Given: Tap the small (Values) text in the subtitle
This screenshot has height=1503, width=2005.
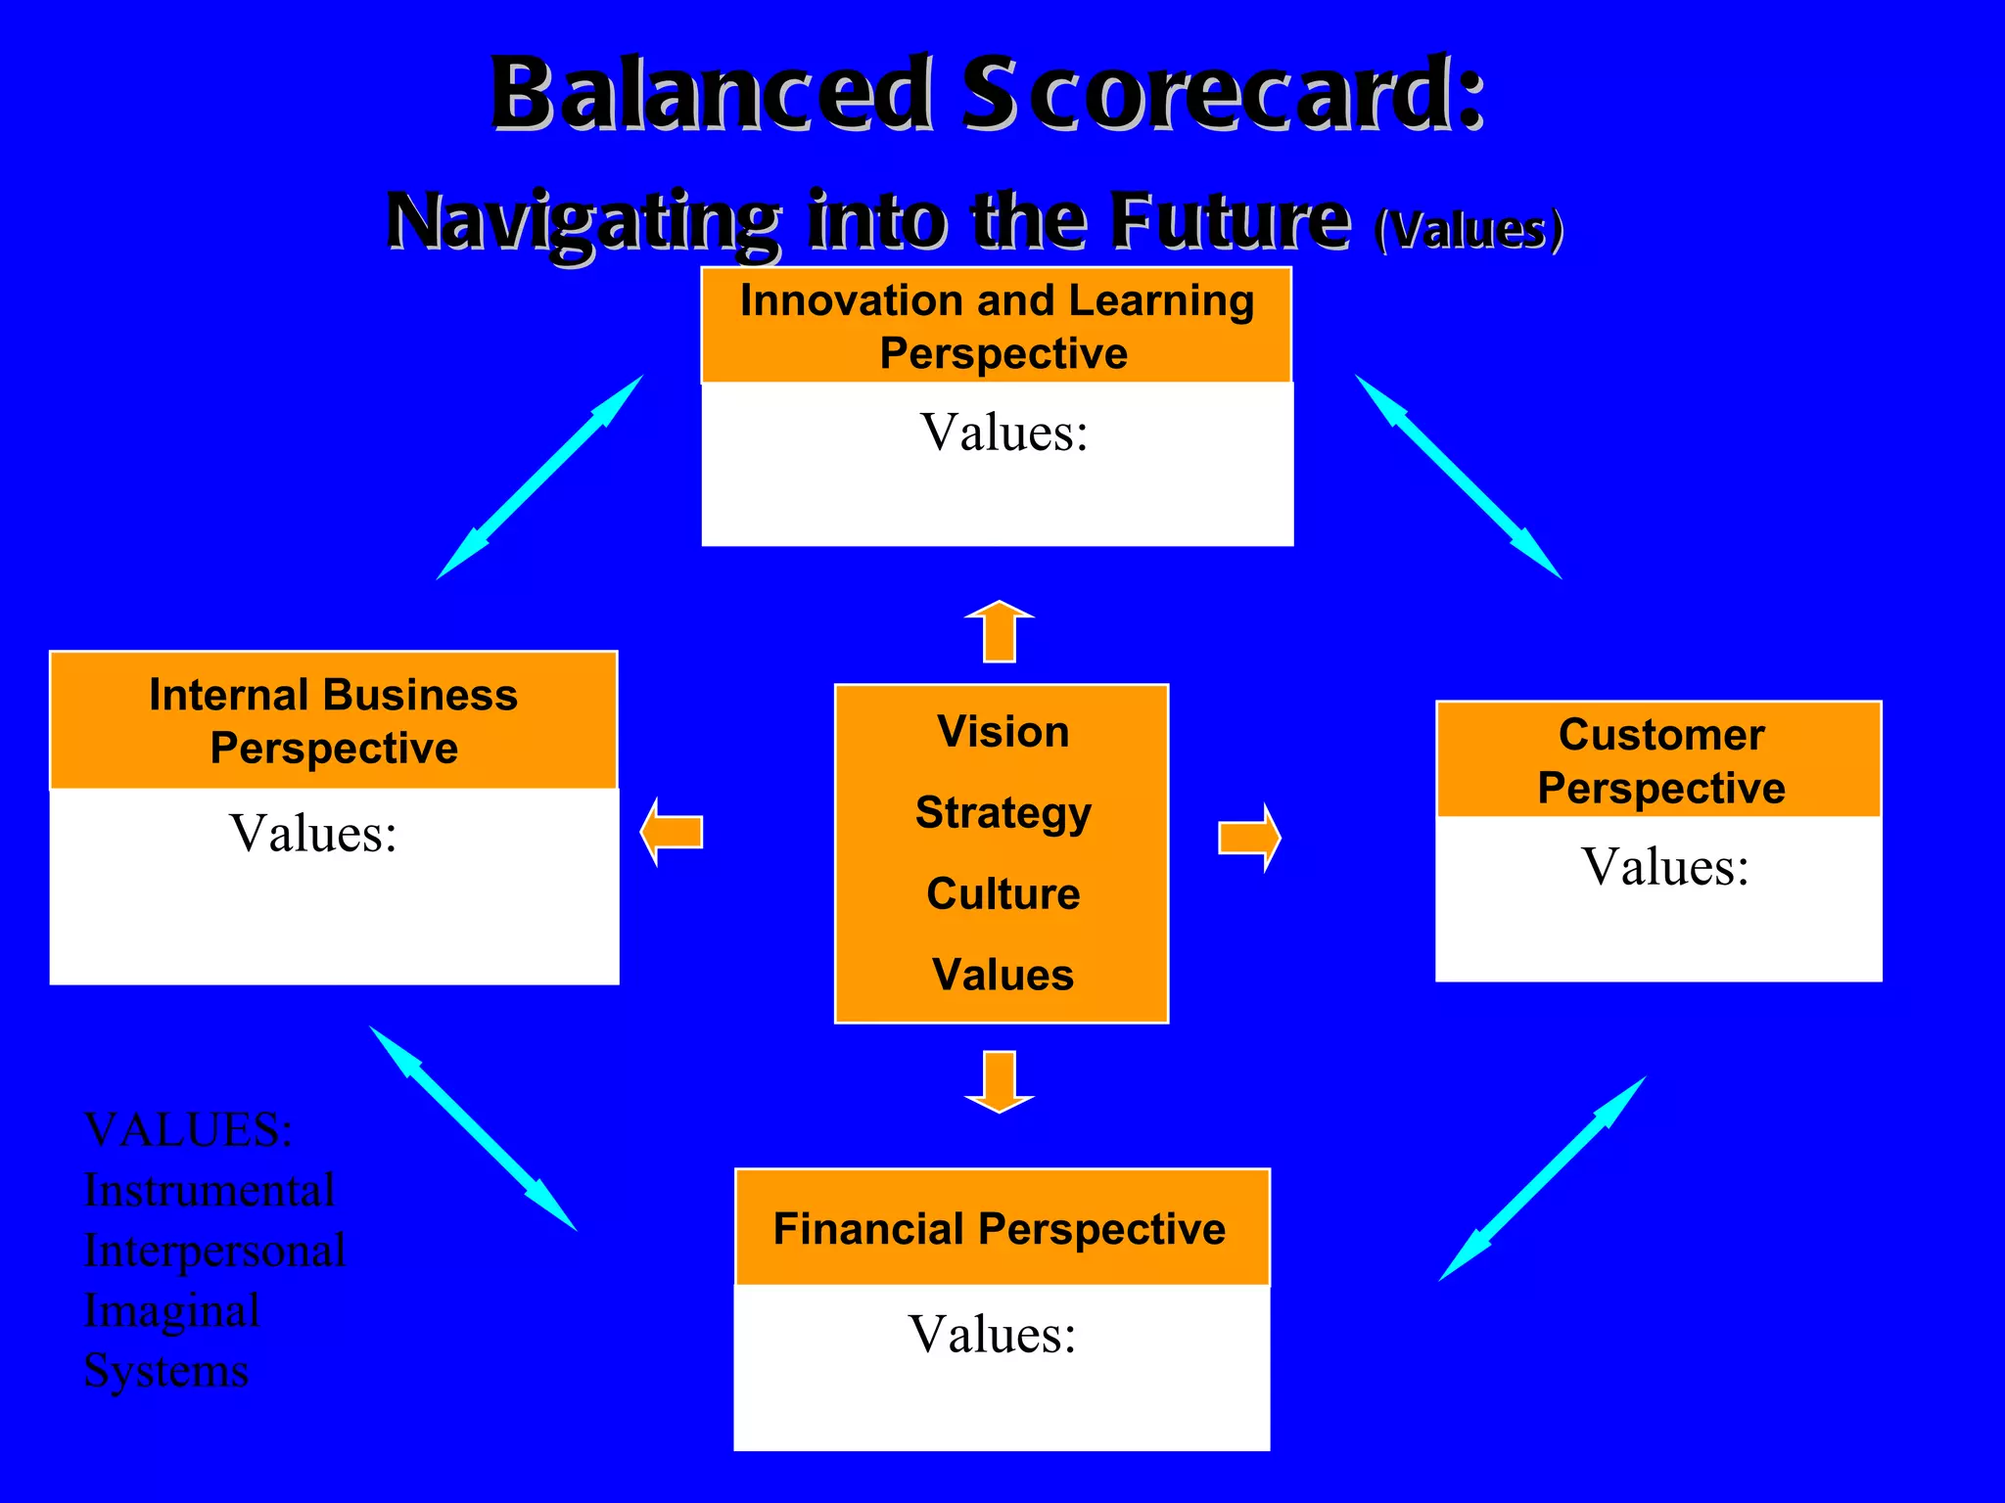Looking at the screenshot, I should click(x=1469, y=230).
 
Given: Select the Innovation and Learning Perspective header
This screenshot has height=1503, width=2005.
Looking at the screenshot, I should click(x=997, y=326).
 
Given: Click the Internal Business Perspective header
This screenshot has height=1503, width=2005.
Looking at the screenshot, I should click(x=333, y=721).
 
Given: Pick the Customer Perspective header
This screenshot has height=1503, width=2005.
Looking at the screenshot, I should click(x=1660, y=760).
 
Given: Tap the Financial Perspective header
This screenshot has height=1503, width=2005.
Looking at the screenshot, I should click(x=1000, y=1229).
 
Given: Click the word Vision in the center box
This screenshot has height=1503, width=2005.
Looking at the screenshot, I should click(x=1002, y=732).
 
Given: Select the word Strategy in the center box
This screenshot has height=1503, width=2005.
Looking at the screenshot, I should click(x=1002, y=812).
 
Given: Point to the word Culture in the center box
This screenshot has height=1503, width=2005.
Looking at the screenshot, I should click(x=1002, y=893).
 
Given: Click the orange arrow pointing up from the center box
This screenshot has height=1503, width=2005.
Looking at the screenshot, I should click(x=1000, y=632).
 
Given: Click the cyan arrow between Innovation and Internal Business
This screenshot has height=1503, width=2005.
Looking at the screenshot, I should click(x=539, y=478).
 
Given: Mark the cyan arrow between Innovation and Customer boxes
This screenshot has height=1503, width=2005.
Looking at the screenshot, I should click(x=1458, y=477).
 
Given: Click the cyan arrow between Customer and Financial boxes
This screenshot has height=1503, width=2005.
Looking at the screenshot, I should click(x=1542, y=1179).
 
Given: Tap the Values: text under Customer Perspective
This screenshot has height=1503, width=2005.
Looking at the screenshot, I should click(x=1664, y=867).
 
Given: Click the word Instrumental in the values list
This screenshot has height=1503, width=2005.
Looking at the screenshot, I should click(x=210, y=1191).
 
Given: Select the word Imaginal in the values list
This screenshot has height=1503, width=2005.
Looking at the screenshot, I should click(x=172, y=1311).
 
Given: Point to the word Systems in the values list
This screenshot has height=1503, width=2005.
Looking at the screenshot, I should click(x=166, y=1371).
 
